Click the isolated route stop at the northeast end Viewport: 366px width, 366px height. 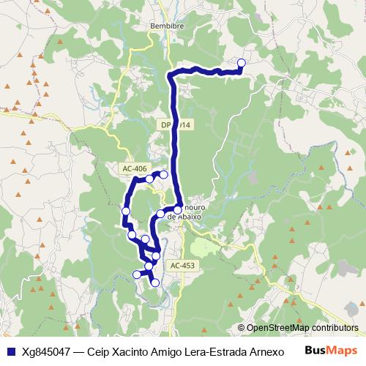pyautogui.click(x=242, y=63)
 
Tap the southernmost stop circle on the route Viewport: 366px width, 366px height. pyautogui.click(x=155, y=282)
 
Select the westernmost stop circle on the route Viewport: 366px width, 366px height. pyautogui.click(x=125, y=212)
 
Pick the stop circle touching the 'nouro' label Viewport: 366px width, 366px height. pyautogui.click(x=177, y=209)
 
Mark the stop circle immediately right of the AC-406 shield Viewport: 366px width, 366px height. pyautogui.click(x=149, y=179)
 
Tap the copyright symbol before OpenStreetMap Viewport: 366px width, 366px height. pyautogui.click(x=242, y=328)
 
